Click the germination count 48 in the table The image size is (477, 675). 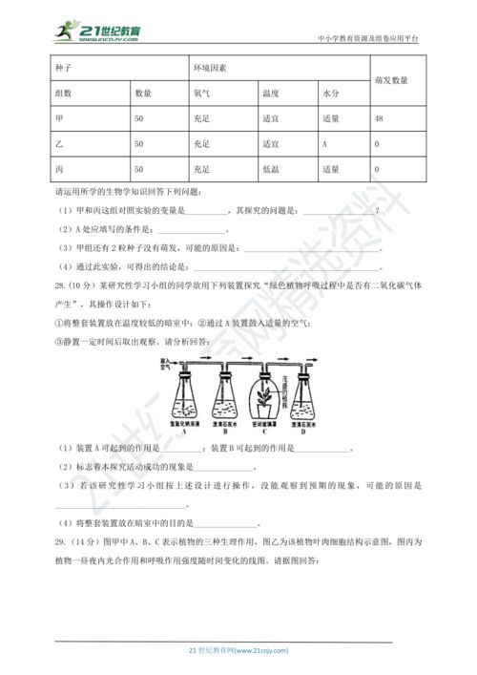tap(380, 118)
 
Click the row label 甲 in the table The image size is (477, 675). tap(60, 118)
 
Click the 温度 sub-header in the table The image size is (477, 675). tap(270, 94)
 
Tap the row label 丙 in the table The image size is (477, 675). tap(60, 169)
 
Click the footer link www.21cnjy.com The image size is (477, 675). tap(259, 649)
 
